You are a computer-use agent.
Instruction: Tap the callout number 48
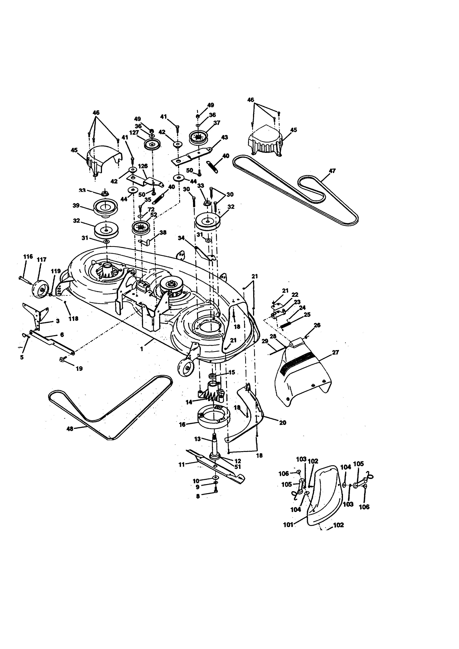pos(70,429)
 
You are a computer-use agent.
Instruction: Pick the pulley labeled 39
pos(106,208)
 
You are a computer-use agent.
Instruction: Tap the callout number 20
pos(282,423)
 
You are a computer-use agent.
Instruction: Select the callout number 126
pos(143,166)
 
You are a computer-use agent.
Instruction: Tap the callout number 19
pos(79,369)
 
